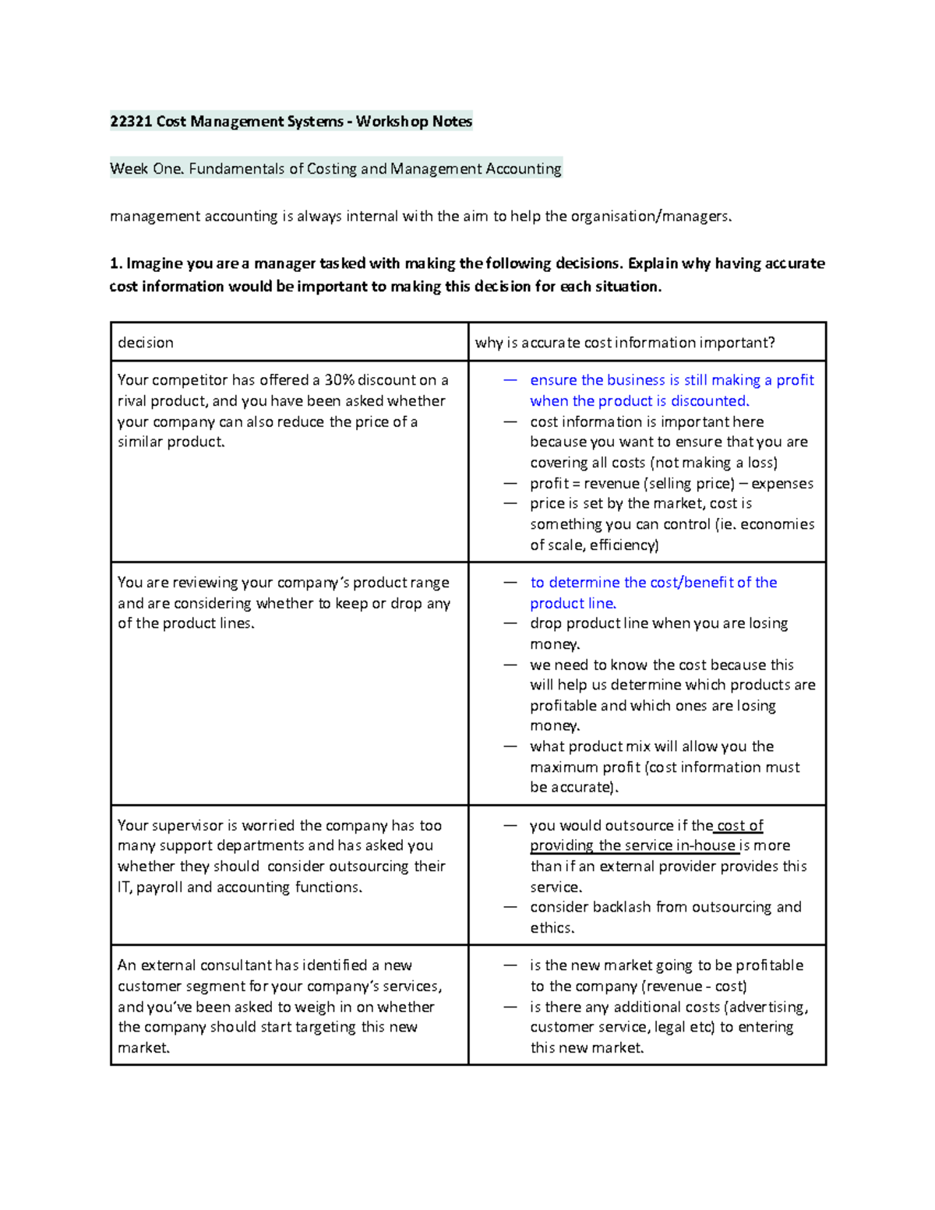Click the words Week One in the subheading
(x=146, y=169)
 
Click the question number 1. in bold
(x=116, y=263)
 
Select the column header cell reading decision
(x=146, y=343)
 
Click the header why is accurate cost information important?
(x=625, y=343)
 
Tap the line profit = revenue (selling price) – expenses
(x=671, y=484)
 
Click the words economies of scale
(x=776, y=524)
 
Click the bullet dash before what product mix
(x=510, y=746)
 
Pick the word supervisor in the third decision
(x=185, y=826)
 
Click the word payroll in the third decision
(x=160, y=887)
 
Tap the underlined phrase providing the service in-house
(x=633, y=846)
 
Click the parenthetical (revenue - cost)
(x=693, y=986)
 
